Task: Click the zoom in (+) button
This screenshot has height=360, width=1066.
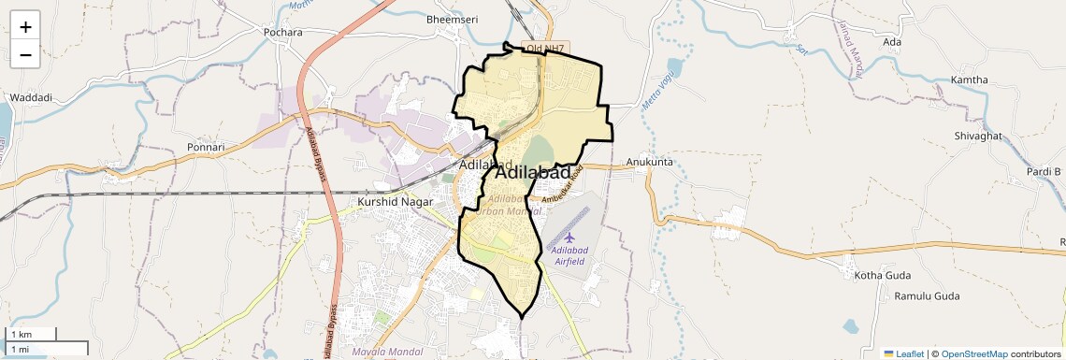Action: pos(25,27)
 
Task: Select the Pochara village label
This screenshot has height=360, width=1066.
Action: pos(283,32)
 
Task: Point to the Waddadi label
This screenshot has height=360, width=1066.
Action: pos(31,97)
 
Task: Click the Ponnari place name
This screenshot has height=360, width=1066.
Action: pos(206,147)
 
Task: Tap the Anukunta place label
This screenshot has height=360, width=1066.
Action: pos(650,162)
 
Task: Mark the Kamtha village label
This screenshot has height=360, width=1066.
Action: pos(969,79)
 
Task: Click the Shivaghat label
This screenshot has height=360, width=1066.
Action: pos(977,136)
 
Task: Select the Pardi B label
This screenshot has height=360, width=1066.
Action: pos(1044,172)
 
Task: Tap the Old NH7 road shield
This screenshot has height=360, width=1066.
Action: pos(547,48)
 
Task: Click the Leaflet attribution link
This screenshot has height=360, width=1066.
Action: pos(904,353)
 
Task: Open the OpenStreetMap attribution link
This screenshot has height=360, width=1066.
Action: pos(974,353)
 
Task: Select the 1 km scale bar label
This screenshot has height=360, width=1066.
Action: pos(21,335)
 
